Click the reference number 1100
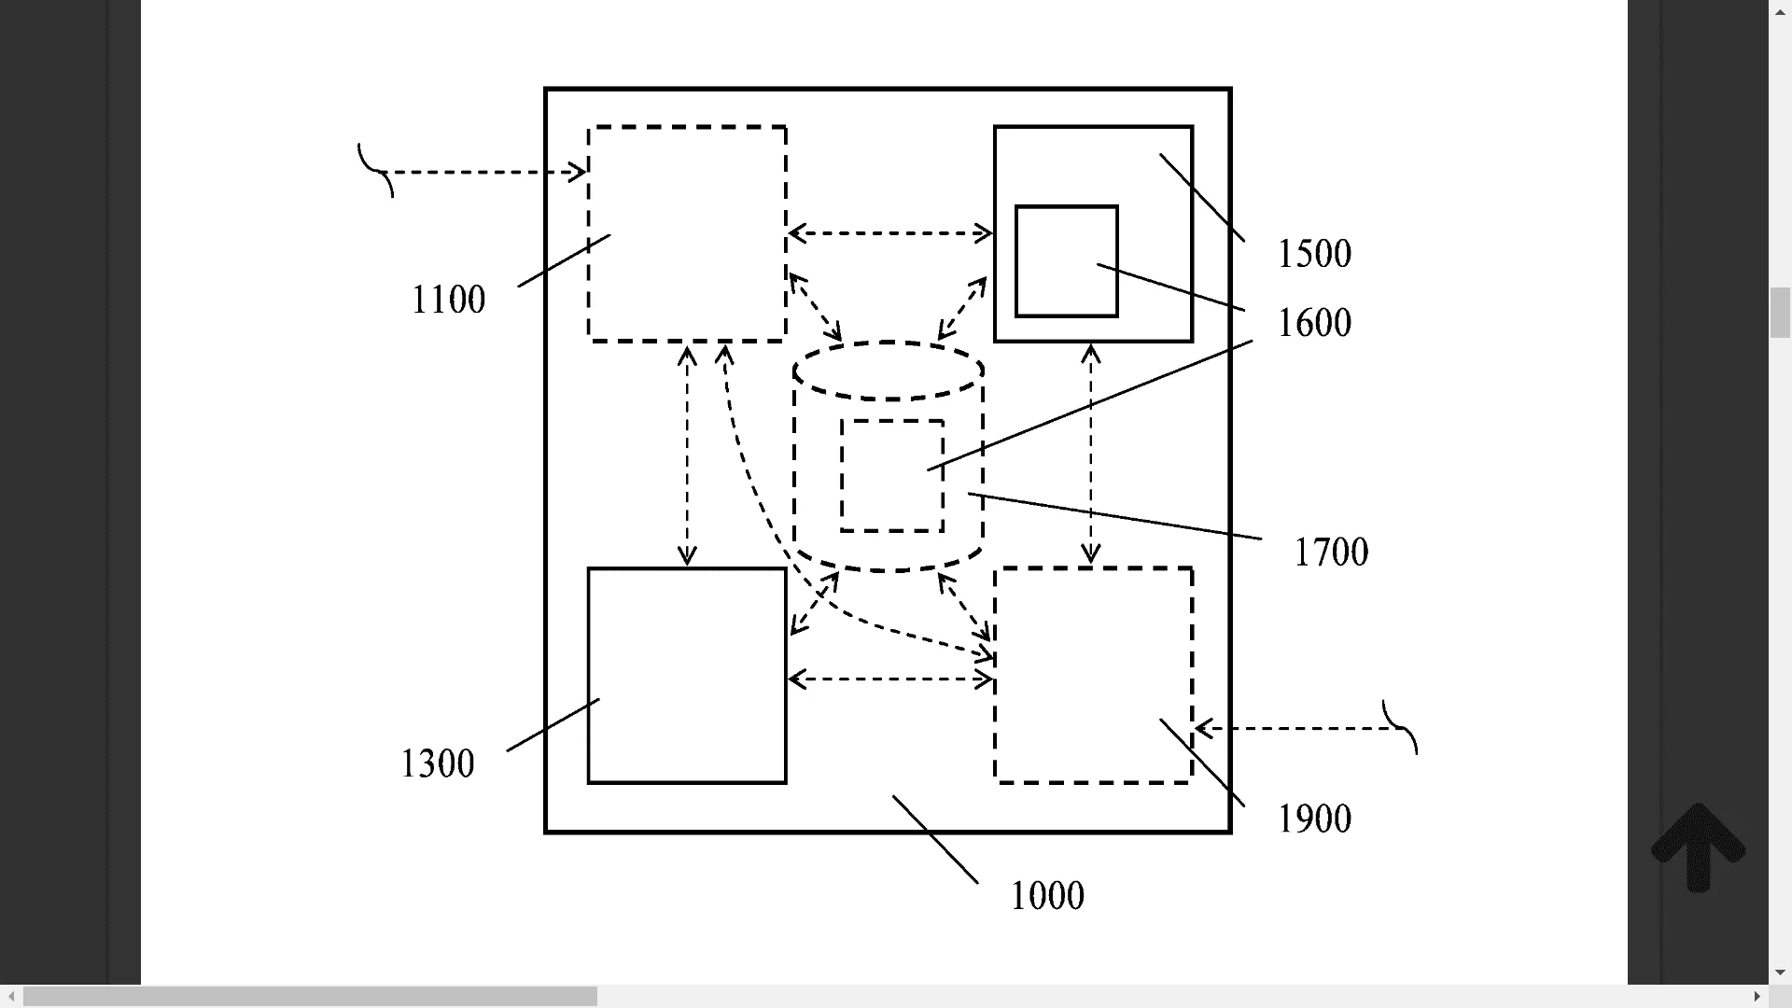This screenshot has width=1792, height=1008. click(448, 300)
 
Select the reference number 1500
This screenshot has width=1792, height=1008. click(1313, 254)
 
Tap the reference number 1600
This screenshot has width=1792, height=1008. click(1313, 323)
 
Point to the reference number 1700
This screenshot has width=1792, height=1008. click(1330, 553)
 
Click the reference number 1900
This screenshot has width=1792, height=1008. click(1313, 819)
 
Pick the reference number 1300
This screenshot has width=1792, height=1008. click(437, 763)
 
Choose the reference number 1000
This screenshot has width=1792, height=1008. click(1046, 896)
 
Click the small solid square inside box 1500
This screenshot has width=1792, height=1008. click(1066, 261)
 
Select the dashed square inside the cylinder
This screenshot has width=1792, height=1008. click(891, 476)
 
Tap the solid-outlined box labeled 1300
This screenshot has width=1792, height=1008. click(687, 676)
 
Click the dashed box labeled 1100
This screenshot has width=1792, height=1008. click(687, 233)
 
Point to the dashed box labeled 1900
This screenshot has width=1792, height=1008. click(1093, 676)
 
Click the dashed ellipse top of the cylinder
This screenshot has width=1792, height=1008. click(889, 371)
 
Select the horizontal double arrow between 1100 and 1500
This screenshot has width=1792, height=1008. click(889, 233)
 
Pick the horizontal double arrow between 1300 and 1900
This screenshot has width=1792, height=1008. click(889, 679)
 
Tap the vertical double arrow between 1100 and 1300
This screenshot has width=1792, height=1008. click(687, 455)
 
